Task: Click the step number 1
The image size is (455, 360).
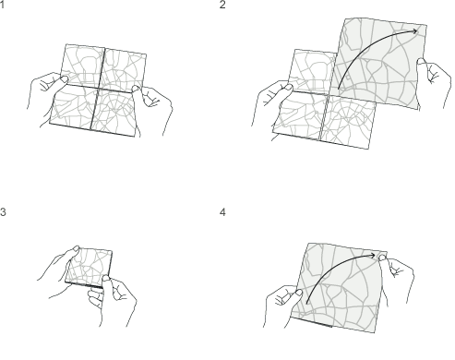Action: tap(2, 5)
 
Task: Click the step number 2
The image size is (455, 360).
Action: tap(222, 5)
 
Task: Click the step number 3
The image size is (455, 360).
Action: tap(3, 212)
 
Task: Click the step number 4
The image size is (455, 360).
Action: tap(222, 212)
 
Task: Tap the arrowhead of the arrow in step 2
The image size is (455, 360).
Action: tap(415, 31)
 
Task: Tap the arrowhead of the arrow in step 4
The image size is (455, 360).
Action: tap(373, 256)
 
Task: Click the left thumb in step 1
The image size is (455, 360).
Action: tap(64, 79)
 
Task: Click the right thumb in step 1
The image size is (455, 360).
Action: tap(136, 89)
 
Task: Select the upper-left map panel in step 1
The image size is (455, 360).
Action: tap(82, 66)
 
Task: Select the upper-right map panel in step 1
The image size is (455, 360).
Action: tap(124, 70)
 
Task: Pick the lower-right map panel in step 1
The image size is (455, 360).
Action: tap(114, 113)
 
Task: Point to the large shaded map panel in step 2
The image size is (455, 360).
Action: tap(379, 63)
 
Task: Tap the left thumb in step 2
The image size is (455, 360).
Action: tap(287, 88)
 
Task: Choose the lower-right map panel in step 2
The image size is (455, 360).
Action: tap(348, 122)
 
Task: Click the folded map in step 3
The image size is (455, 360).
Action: tap(89, 268)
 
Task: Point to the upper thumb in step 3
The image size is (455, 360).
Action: tap(76, 249)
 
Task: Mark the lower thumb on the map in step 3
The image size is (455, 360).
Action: tap(106, 280)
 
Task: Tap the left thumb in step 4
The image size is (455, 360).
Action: tap(298, 293)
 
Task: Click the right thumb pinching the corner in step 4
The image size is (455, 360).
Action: tap(382, 258)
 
